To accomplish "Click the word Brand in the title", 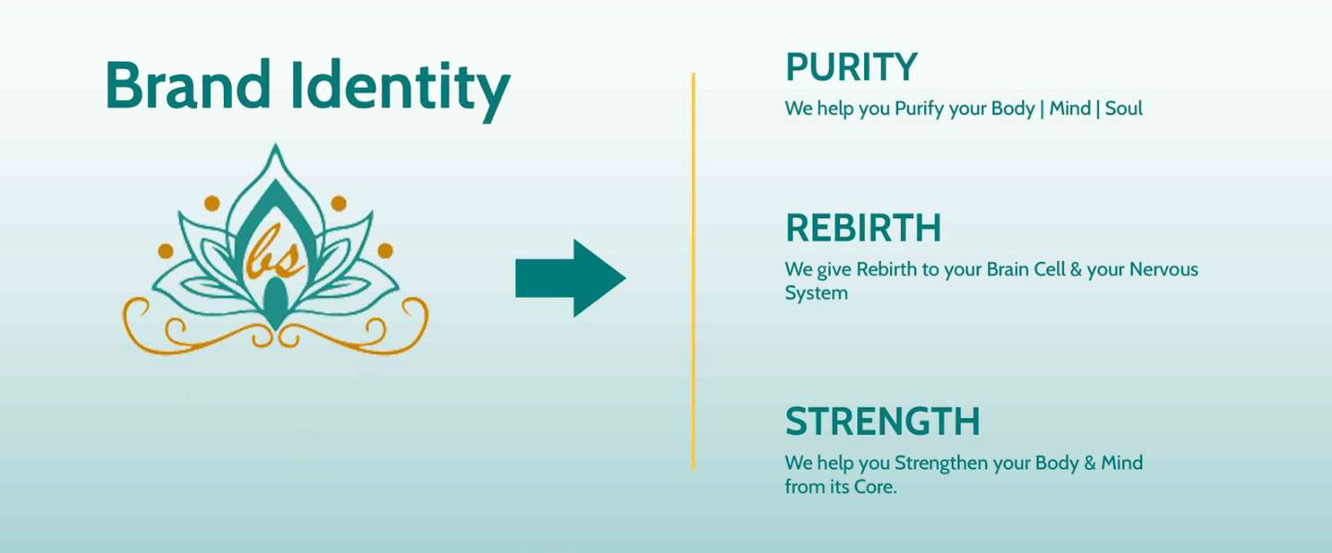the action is [x=188, y=84].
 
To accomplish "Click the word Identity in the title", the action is [x=401, y=89].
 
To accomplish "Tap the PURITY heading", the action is [x=852, y=67].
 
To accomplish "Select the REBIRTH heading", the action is [x=863, y=227].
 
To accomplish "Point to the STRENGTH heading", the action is [x=882, y=422].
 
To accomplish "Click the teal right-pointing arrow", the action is [x=571, y=278].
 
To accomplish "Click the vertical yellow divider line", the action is [x=694, y=272].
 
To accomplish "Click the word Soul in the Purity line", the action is [x=1124, y=108].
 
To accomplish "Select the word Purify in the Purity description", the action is [x=919, y=109].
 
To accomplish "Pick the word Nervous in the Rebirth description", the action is [x=1164, y=269].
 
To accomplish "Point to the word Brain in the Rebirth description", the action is [x=1007, y=269].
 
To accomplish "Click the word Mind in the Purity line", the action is [x=1069, y=108].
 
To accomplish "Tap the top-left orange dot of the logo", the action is [x=213, y=203].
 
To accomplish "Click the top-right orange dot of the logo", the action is [x=339, y=203].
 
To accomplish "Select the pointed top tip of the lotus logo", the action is [x=275, y=143].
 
